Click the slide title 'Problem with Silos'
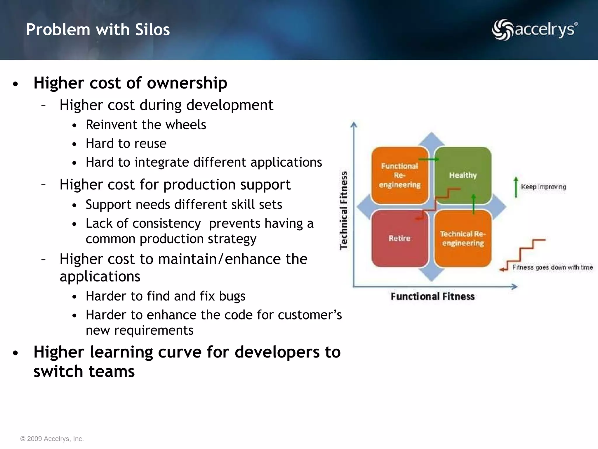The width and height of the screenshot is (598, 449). (x=98, y=30)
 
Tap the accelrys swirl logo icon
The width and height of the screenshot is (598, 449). (x=502, y=30)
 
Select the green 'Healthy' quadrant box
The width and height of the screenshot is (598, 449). (x=463, y=175)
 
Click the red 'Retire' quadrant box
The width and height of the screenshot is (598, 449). (x=399, y=239)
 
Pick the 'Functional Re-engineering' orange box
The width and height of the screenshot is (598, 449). (x=399, y=175)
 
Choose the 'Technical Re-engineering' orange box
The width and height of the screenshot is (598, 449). (x=463, y=239)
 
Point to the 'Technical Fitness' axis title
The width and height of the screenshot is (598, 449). (x=344, y=210)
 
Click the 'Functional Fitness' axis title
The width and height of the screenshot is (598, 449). (x=433, y=296)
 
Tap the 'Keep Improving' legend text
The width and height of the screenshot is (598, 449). (x=543, y=187)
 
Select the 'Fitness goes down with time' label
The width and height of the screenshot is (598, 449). (x=552, y=267)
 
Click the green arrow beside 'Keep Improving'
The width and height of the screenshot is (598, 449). (x=516, y=187)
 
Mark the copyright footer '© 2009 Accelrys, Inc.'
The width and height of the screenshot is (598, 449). (x=52, y=439)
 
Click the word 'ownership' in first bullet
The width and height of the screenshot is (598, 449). (x=187, y=83)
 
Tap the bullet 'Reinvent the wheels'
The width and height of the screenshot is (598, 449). (x=146, y=125)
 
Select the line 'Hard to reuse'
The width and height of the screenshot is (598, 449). (x=126, y=144)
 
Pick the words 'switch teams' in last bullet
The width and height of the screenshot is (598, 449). (x=84, y=371)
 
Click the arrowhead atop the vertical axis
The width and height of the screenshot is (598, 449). (x=354, y=125)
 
